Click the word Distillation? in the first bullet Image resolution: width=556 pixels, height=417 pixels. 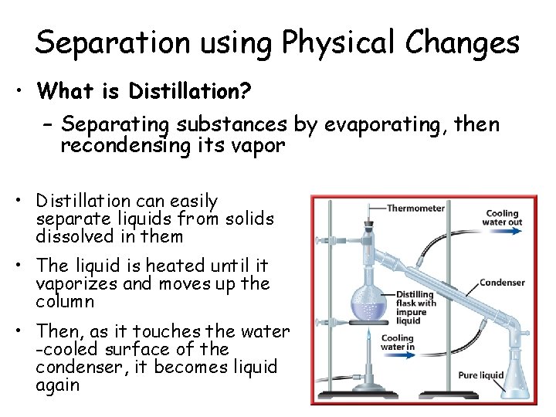189,92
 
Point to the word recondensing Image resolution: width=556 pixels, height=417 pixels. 124,144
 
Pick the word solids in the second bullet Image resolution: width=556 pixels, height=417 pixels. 249,219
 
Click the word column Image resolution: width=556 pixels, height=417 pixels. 65,301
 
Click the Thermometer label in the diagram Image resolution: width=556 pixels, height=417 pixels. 415,208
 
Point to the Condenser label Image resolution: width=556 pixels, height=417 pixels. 502,282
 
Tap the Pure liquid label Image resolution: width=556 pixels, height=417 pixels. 480,375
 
